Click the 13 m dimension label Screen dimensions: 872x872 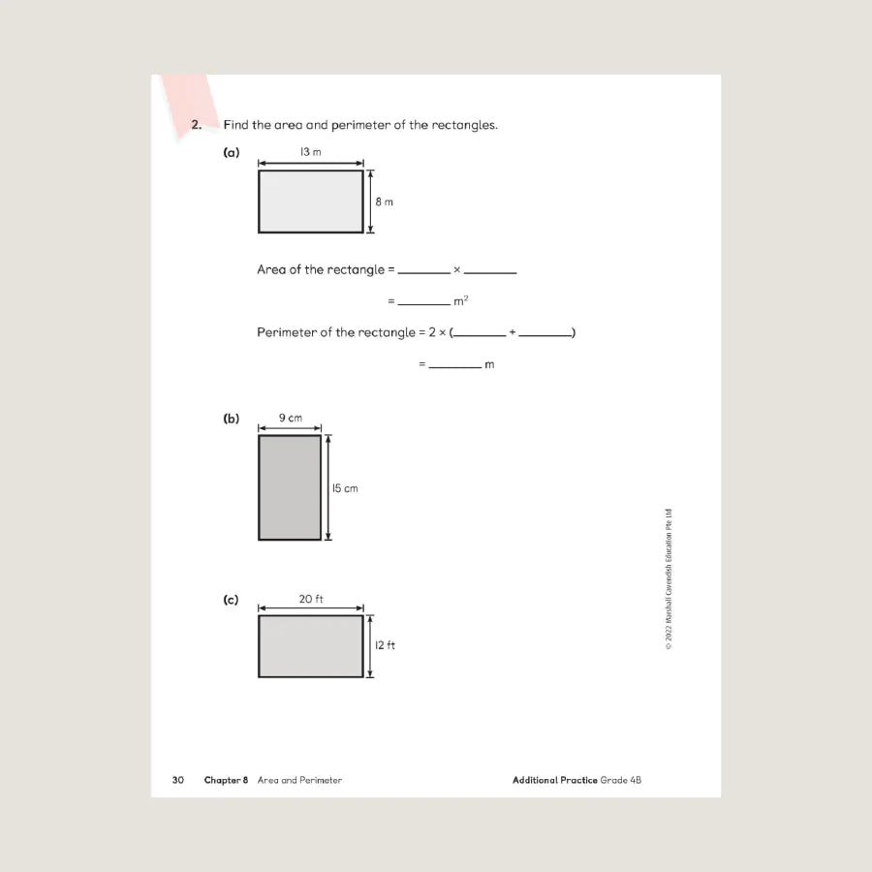point(310,152)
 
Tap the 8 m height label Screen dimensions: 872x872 point(385,202)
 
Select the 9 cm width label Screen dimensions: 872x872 point(290,418)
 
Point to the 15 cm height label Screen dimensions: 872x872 point(345,488)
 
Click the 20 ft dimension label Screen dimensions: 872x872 point(310,599)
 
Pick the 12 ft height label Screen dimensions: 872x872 point(385,645)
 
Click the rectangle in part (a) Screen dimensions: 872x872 point(310,202)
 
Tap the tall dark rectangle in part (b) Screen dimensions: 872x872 point(290,487)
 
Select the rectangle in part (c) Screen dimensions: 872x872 point(310,646)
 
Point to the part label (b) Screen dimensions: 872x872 point(231,419)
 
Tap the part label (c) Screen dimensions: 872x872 point(231,600)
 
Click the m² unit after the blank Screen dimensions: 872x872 point(461,301)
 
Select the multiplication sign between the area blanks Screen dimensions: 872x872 point(457,269)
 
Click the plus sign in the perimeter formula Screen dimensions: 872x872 point(513,332)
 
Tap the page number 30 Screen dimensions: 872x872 point(178,780)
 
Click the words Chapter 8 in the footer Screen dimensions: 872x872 point(226,780)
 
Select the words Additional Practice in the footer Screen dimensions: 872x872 point(554,780)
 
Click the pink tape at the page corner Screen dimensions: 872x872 point(189,102)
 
